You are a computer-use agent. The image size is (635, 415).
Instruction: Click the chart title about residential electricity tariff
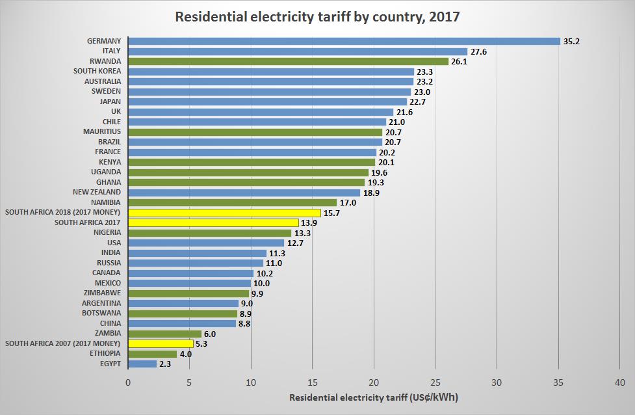click(x=317, y=17)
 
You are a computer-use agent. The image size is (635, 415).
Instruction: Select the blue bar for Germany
click(x=344, y=41)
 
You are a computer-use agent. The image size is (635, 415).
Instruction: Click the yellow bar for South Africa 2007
click(x=161, y=343)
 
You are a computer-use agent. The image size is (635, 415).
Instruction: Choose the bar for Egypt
click(x=142, y=364)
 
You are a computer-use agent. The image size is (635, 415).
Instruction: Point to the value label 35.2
click(x=571, y=41)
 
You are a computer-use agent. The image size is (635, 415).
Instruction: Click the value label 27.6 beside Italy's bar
click(x=479, y=51)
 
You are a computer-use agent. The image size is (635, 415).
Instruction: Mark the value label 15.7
click(x=333, y=213)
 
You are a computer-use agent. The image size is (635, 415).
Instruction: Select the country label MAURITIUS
click(x=101, y=131)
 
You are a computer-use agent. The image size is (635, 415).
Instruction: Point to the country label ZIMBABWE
click(x=101, y=293)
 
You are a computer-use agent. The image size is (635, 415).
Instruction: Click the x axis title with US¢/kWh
click(x=374, y=397)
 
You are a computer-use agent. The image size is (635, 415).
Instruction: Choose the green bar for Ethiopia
click(x=153, y=354)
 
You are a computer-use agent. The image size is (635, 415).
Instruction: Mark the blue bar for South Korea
click(x=271, y=72)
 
